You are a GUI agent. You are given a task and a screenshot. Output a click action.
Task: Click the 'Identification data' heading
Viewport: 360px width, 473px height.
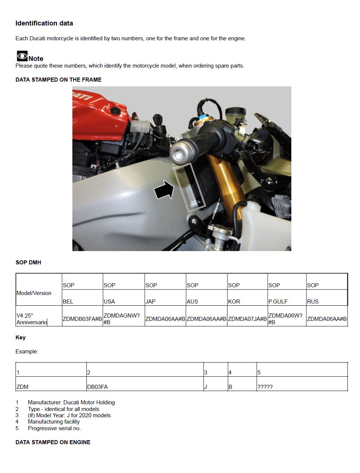click(44, 23)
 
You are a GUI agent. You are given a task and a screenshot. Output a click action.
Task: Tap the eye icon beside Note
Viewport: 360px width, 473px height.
click(22, 56)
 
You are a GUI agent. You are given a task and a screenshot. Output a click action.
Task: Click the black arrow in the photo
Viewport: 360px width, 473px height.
click(164, 189)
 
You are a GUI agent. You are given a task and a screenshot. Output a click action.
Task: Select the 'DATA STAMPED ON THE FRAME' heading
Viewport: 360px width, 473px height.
click(58, 79)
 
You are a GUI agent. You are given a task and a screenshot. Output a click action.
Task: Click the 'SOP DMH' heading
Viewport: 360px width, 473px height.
click(28, 262)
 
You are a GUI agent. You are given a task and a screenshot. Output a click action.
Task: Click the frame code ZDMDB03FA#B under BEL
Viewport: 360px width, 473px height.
click(82, 319)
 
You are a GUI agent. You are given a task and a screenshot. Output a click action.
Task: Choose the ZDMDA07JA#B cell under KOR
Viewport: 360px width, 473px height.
click(247, 319)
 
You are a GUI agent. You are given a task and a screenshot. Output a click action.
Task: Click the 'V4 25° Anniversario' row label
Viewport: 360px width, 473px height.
click(32, 319)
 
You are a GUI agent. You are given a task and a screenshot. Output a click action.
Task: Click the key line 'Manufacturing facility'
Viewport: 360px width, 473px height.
click(54, 421)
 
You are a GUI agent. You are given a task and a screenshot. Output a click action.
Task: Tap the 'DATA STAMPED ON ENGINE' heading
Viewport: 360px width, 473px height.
click(53, 442)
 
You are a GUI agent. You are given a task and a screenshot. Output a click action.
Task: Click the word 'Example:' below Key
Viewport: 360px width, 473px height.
click(27, 351)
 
